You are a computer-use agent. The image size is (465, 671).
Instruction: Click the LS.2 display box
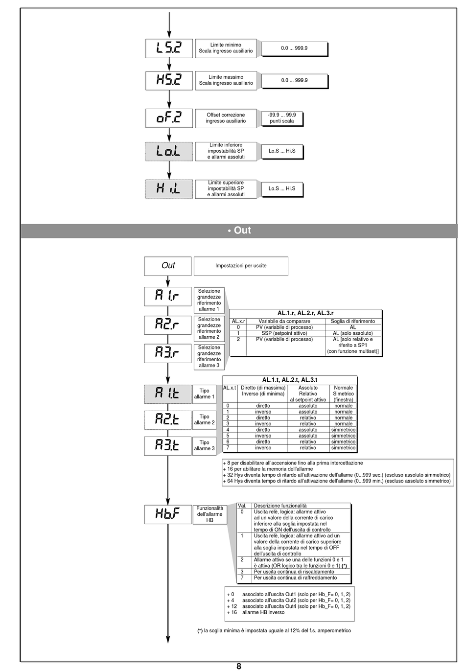(x=169, y=48)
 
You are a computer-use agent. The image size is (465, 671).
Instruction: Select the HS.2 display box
(x=169, y=80)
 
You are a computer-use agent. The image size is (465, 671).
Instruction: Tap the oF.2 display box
(x=169, y=118)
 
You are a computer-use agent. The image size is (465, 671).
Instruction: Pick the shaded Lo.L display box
(x=169, y=151)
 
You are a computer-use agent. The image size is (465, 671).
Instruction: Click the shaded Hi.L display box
(x=169, y=188)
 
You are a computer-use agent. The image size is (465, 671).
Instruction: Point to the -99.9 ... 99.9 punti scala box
(x=281, y=118)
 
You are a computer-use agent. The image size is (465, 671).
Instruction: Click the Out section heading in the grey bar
(x=239, y=230)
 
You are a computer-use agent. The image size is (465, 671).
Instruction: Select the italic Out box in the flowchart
(x=168, y=266)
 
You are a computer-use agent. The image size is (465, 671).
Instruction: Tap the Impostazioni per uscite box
(x=241, y=266)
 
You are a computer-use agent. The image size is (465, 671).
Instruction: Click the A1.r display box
(x=167, y=297)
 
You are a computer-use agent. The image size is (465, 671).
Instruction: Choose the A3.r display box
(x=167, y=353)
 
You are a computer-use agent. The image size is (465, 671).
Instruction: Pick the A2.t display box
(x=167, y=419)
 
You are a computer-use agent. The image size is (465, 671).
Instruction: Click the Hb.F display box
(x=167, y=514)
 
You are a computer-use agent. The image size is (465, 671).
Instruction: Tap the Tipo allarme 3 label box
(x=204, y=445)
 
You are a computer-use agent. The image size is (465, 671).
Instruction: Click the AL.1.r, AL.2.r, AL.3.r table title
(x=305, y=313)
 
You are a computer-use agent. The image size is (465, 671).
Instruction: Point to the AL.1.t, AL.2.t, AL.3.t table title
(x=290, y=380)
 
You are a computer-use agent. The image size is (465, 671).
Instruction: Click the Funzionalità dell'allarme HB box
(x=209, y=514)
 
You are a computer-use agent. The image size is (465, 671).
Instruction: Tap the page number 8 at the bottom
(x=239, y=666)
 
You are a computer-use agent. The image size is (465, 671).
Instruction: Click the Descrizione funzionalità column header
(x=280, y=506)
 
